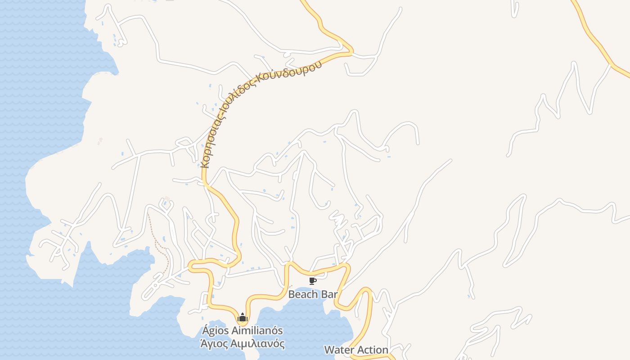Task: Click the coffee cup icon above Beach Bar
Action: [x=313, y=281]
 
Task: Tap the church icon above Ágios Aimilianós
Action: [x=243, y=318]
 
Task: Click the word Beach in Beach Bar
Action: [x=302, y=295]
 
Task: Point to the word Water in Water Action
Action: [x=338, y=350]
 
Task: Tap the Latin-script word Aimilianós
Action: [x=255, y=331]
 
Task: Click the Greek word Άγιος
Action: [x=213, y=344]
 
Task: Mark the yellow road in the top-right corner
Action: [x=594, y=36]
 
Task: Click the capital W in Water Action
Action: [x=329, y=350]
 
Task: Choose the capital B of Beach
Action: [x=292, y=295]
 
